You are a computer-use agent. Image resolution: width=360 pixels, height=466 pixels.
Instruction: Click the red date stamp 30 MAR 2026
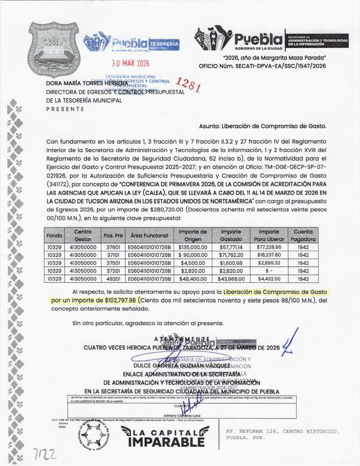click(130, 63)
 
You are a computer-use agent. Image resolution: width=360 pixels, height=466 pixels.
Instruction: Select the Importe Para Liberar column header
click(269, 236)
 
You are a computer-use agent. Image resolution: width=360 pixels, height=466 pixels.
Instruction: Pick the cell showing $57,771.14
click(231, 247)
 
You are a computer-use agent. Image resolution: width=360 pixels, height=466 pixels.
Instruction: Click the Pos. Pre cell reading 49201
click(113, 279)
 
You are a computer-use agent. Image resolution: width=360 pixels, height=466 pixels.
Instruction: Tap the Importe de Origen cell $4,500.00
click(193, 263)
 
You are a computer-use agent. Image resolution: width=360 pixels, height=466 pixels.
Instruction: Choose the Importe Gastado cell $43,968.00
click(231, 279)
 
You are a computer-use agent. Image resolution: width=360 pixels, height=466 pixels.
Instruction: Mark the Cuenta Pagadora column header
click(303, 236)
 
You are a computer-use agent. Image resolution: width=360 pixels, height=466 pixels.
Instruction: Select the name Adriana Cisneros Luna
click(182, 415)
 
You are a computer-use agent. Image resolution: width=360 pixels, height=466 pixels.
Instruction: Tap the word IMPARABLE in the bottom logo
click(166, 442)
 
